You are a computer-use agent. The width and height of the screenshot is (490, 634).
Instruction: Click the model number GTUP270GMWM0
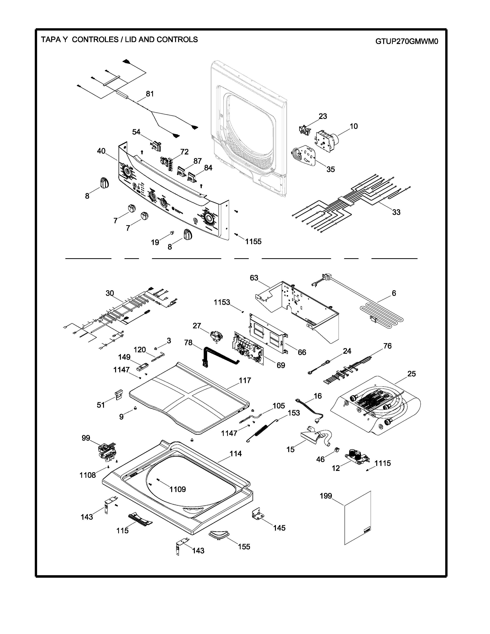[x=406, y=41]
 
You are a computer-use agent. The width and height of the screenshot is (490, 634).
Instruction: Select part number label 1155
[x=253, y=241]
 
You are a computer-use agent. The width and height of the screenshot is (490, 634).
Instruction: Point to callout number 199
[x=326, y=496]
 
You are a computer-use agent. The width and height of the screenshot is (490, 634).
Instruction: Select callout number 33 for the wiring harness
[x=396, y=212]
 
